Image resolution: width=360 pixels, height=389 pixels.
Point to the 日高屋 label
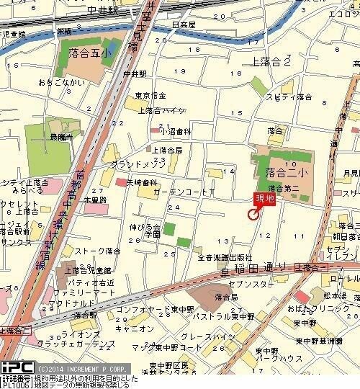(x=184, y=24)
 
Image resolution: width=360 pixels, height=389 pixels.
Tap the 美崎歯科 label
(x=143, y=183)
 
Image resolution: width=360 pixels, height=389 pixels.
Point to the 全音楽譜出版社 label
(x=224, y=258)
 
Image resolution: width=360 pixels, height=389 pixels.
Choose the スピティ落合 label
(x=289, y=97)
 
